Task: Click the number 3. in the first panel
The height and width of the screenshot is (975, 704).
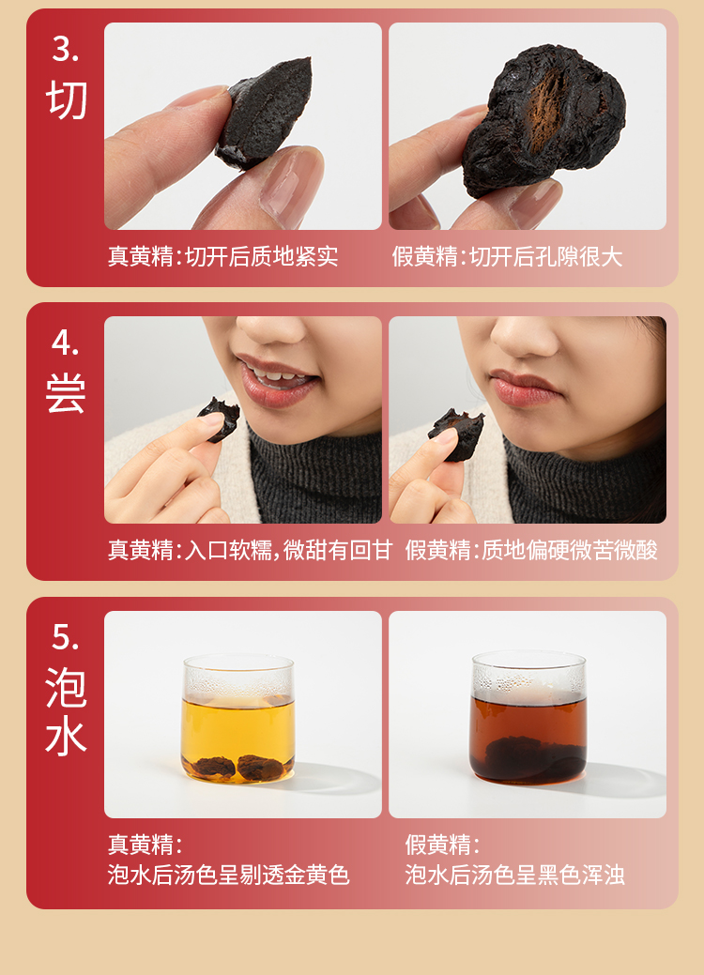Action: click(65, 49)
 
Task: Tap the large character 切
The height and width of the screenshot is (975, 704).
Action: click(66, 99)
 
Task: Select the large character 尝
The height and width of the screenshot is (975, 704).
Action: click(66, 393)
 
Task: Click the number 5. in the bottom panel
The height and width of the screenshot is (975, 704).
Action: click(65, 637)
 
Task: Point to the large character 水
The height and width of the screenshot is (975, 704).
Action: click(66, 737)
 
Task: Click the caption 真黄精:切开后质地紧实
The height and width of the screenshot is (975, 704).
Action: click(222, 256)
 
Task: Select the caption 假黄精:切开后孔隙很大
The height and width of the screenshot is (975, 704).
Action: click(507, 256)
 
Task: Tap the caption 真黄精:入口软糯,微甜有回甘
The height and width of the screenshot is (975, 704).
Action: click(250, 550)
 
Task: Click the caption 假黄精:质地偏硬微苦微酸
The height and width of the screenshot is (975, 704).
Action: click(531, 550)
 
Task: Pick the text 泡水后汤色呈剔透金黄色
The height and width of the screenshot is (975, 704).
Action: click(228, 875)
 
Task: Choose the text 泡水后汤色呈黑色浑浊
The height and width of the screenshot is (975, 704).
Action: click(515, 875)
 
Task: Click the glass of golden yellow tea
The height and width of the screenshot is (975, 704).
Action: click(238, 718)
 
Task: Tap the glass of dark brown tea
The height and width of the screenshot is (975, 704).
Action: click(528, 717)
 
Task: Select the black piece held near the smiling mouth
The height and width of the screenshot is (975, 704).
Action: click(220, 419)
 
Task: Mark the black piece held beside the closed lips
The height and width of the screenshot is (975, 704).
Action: click(457, 433)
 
